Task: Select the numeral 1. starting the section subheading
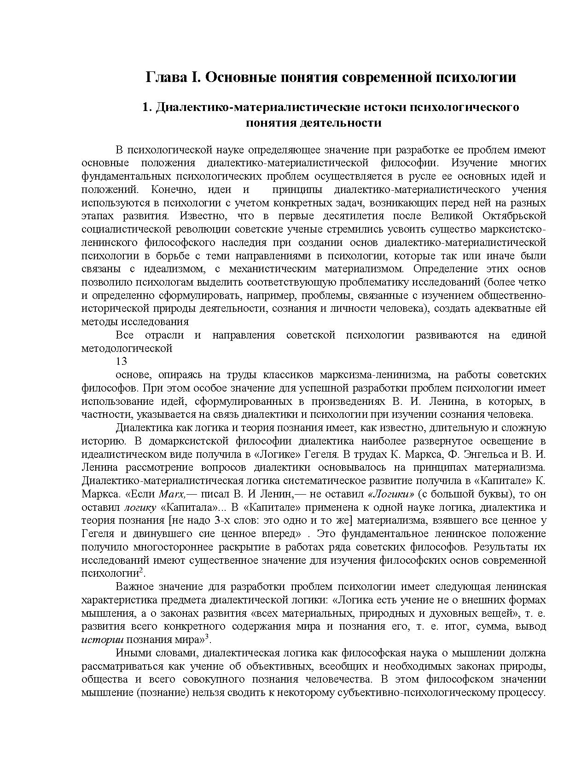tap(147, 107)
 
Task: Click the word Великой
tap(452, 216)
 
